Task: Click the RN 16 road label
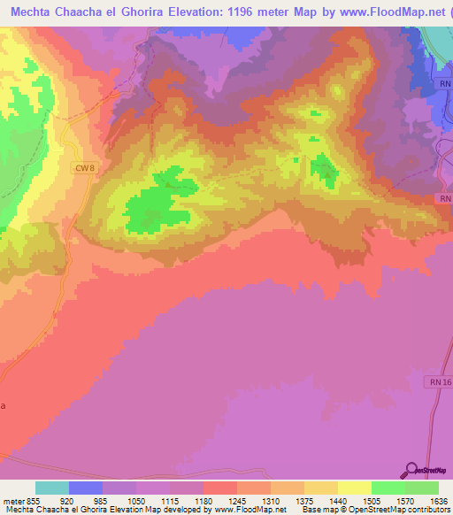click(441, 381)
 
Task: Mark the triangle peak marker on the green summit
click(328, 174)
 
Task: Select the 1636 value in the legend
click(437, 500)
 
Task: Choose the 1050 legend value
click(135, 500)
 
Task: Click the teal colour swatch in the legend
click(52, 488)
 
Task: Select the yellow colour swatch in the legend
click(354, 488)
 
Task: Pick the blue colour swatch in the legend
click(86, 488)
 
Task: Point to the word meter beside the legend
click(12, 500)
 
